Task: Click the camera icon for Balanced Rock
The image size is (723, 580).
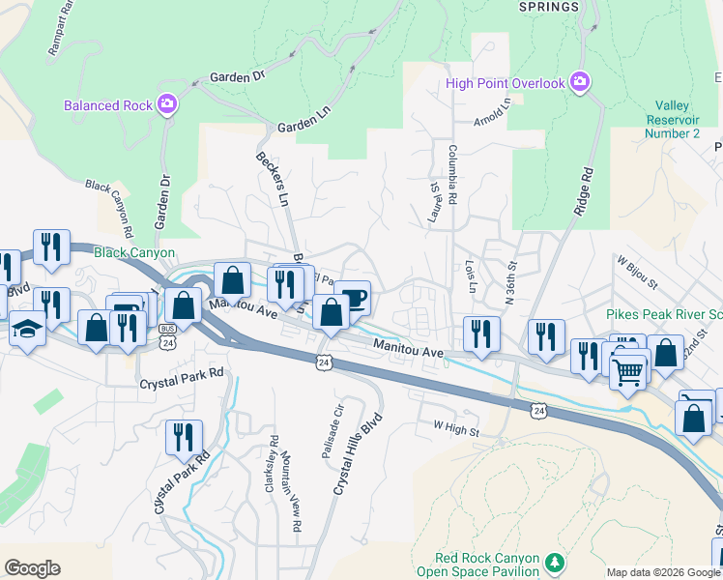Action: click(x=168, y=103)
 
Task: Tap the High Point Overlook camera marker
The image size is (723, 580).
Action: click(x=579, y=82)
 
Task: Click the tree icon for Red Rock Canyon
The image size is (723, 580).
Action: click(x=554, y=561)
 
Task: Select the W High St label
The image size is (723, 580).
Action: click(x=456, y=425)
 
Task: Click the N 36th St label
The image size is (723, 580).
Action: click(x=511, y=280)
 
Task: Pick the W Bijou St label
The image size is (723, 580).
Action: click(x=636, y=273)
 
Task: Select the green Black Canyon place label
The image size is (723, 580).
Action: click(x=134, y=253)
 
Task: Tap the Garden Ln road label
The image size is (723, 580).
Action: click(x=298, y=127)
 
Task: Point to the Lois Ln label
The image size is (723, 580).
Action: click(x=471, y=276)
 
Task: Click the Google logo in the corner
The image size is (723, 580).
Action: click(x=33, y=567)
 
